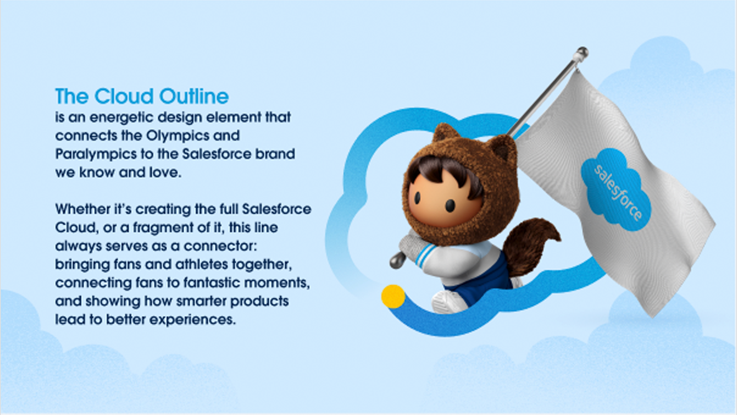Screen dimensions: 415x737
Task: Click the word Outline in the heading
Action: [x=194, y=96]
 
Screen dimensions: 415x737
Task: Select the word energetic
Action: [x=121, y=117]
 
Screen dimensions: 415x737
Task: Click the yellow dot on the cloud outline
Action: [x=393, y=296]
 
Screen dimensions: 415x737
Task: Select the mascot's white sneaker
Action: [x=449, y=302]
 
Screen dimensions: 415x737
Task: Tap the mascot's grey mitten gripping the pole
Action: [x=413, y=246]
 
